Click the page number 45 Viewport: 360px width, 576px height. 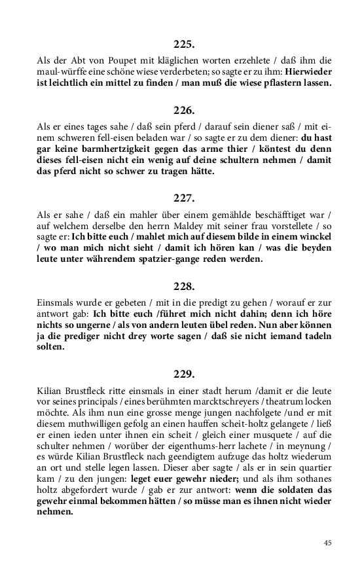tap(327, 543)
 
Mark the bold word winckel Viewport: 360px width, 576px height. tap(310, 236)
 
